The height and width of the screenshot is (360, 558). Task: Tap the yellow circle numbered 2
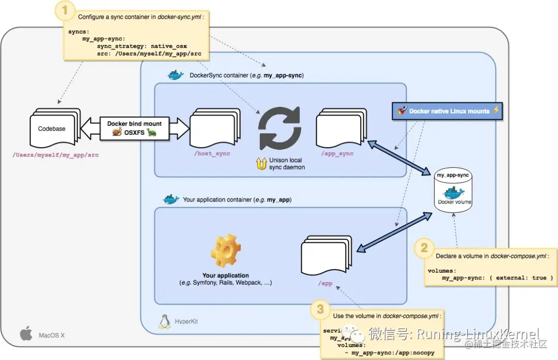pyautogui.click(x=424, y=248)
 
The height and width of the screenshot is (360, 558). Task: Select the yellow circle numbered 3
pyautogui.click(x=320, y=309)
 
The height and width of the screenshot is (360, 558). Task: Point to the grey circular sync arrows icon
pyautogui.click(x=280, y=128)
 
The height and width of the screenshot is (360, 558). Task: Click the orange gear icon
pyautogui.click(x=226, y=252)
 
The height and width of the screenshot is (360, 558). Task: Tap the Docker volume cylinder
pyautogui.click(x=453, y=191)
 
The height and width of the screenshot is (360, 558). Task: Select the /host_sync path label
pyautogui.click(x=212, y=154)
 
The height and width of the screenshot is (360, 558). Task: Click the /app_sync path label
pyautogui.click(x=337, y=154)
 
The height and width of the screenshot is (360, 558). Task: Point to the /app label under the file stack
pyautogui.click(x=326, y=284)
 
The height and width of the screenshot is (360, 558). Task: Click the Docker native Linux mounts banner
pyautogui.click(x=447, y=111)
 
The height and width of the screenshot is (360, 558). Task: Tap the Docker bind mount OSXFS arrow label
pyautogui.click(x=134, y=128)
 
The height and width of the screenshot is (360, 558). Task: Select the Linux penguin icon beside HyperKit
pyautogui.click(x=165, y=321)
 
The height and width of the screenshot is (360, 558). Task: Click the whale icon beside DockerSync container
pyautogui.click(x=176, y=75)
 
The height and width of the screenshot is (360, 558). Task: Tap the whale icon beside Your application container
pyautogui.click(x=171, y=199)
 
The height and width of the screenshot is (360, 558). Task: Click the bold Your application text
pyautogui.click(x=225, y=275)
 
